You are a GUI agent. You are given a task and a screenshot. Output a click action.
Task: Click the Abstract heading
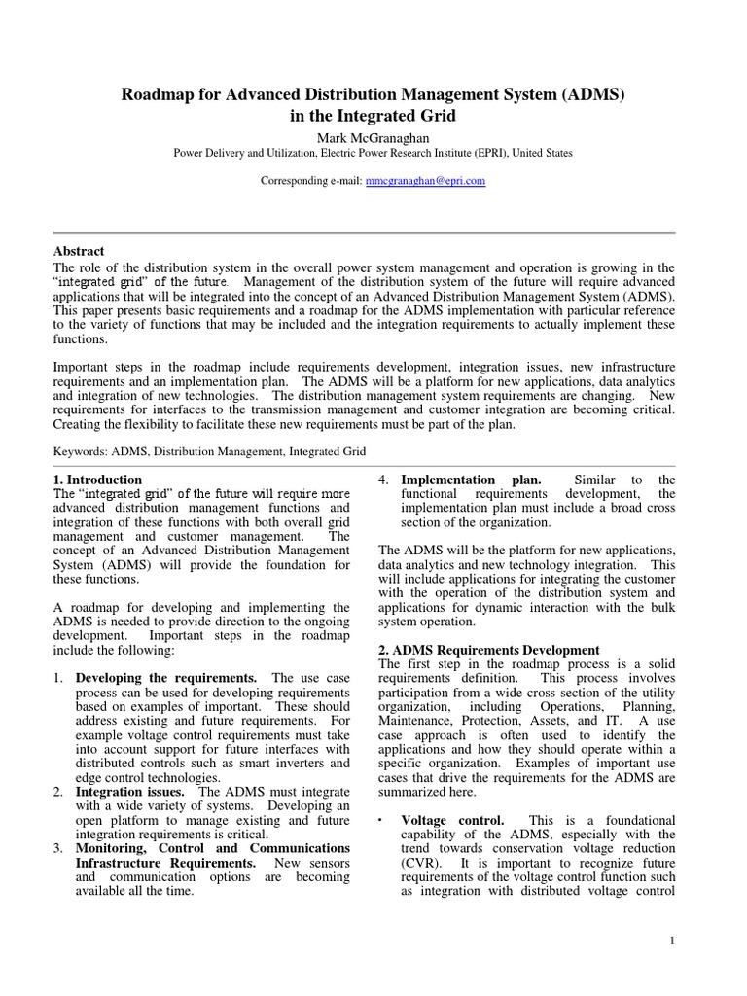[79, 251]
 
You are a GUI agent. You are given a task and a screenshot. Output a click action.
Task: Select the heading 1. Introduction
[97, 480]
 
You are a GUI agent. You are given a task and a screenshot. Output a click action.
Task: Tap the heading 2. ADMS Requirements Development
[489, 650]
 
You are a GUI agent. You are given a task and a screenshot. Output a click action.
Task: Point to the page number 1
[672, 941]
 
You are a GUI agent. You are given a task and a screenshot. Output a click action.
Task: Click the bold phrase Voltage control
[452, 821]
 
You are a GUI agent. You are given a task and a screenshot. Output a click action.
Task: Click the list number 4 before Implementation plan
[383, 480]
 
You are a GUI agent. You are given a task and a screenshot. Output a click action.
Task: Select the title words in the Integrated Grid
[373, 115]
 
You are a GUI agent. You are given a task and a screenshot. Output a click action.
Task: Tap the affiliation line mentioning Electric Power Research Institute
[373, 153]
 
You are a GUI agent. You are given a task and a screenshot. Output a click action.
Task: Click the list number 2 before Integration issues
[57, 793]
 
